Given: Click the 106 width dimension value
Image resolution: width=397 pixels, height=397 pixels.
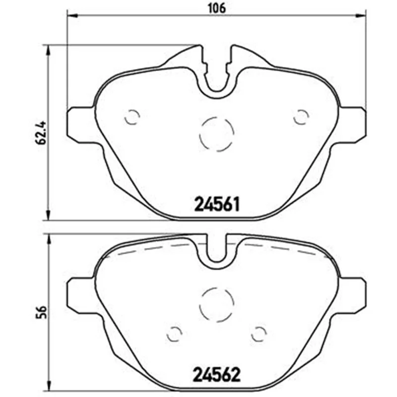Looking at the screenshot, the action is (x=217, y=8).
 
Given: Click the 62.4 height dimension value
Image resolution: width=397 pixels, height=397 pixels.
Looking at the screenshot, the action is (x=41, y=132).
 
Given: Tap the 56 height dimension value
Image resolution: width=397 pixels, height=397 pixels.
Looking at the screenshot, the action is (x=41, y=313).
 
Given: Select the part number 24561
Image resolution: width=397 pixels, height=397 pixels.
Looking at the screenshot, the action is (x=216, y=204).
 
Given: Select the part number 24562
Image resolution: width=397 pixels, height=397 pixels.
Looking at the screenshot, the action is (x=216, y=375).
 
